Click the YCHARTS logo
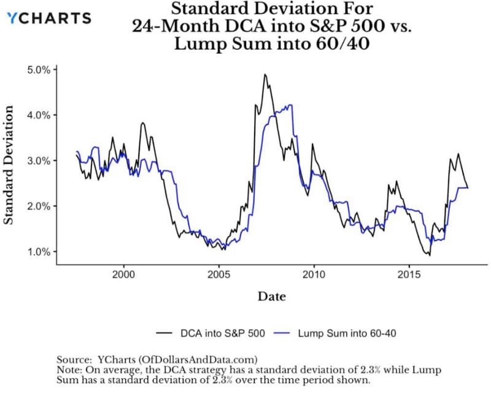pos(48,18)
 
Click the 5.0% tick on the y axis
pos(37,70)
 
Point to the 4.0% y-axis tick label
pos(37,115)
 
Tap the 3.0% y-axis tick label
pos(37,161)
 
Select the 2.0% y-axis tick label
pos(37,206)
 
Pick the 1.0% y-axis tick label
pos(37,251)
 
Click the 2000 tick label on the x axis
pos(123,273)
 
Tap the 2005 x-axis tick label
pos(218,273)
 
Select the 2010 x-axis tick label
pos(314,273)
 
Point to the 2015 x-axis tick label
pos(409,273)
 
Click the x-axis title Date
pos(271,297)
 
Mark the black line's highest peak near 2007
pos(265,75)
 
